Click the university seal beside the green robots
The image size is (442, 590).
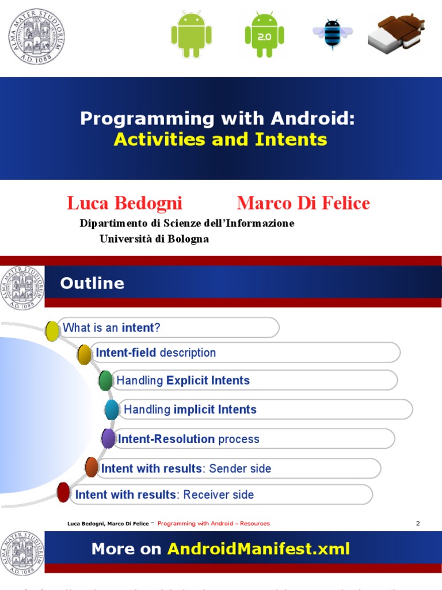pos(36,36)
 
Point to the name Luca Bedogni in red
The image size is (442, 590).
pos(124,203)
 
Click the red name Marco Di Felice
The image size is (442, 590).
pos(303,203)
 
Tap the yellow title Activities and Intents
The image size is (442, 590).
pos(220,139)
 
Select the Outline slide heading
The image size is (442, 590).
pos(92,283)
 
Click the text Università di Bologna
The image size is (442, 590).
pos(154,239)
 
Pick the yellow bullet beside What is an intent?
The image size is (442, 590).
pos(52,331)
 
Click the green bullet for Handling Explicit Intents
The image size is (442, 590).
pos(105,381)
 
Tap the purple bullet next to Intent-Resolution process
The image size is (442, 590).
pos(108,438)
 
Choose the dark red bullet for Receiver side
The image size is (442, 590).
pos(63,492)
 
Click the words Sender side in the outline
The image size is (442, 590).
pos(240,468)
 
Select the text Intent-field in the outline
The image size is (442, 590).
pos(126,353)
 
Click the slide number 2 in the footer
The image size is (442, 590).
pos(418,523)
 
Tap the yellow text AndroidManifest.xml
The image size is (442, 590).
pos(258,549)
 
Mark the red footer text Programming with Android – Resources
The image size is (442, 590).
pos(214,523)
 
